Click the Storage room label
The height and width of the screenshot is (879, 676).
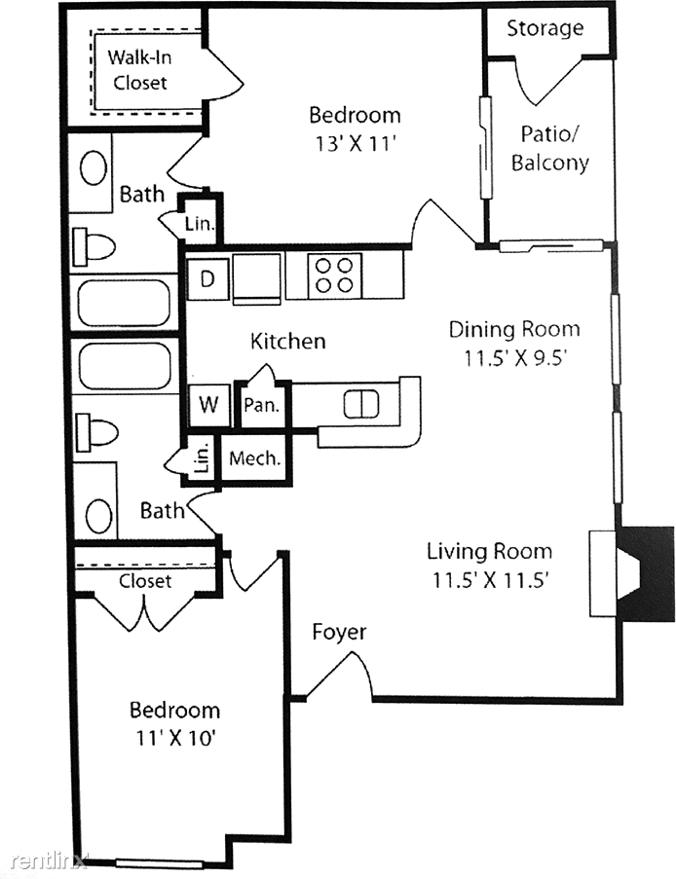pos(545,28)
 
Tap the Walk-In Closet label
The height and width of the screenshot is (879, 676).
pos(139,70)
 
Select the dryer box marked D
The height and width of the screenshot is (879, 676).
pos(207,278)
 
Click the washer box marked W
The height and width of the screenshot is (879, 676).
pos(208,404)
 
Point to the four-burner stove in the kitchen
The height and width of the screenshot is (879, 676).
pos(334,275)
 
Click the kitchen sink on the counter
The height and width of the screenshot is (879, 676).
pos(361,404)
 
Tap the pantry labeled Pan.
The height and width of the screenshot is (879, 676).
pos(261,405)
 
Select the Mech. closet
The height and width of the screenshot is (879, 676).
pos(254,458)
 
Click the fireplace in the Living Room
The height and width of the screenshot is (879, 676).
pos(632,573)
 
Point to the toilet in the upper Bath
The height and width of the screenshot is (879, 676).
pos(94,246)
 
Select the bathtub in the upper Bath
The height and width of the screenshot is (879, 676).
pos(124,304)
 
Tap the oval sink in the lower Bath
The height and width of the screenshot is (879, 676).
pos(99,516)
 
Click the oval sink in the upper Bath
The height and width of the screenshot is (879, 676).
pos(94,168)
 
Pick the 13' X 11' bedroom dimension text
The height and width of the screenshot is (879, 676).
pos(356,144)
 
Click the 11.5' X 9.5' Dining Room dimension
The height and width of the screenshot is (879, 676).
pos(513,357)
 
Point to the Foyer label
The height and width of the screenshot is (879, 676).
pos(339,632)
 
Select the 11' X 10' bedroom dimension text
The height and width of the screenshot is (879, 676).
pos(175,738)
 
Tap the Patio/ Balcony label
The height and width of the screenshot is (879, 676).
pos(549,149)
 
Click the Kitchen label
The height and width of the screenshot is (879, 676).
pos(287,341)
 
